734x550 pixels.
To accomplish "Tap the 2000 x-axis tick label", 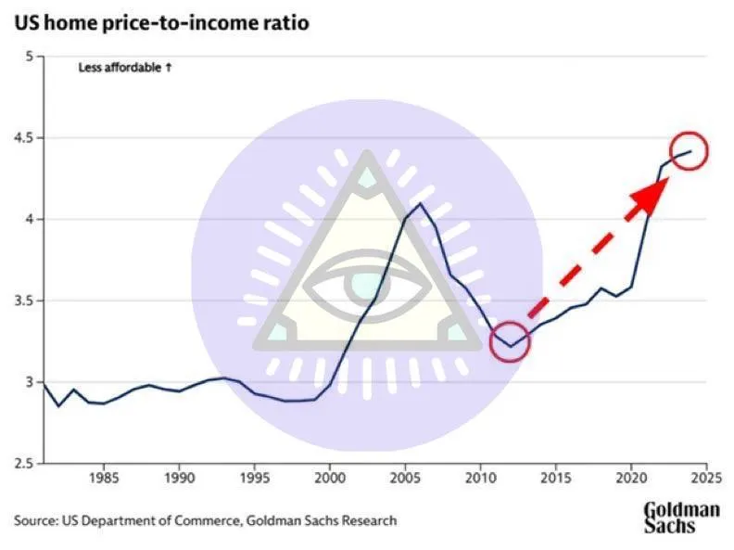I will (x=330, y=481).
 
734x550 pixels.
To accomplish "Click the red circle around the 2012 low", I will (x=509, y=342).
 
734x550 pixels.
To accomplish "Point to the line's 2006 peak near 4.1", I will (x=421, y=203).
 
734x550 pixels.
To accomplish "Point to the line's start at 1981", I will (x=44, y=383).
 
